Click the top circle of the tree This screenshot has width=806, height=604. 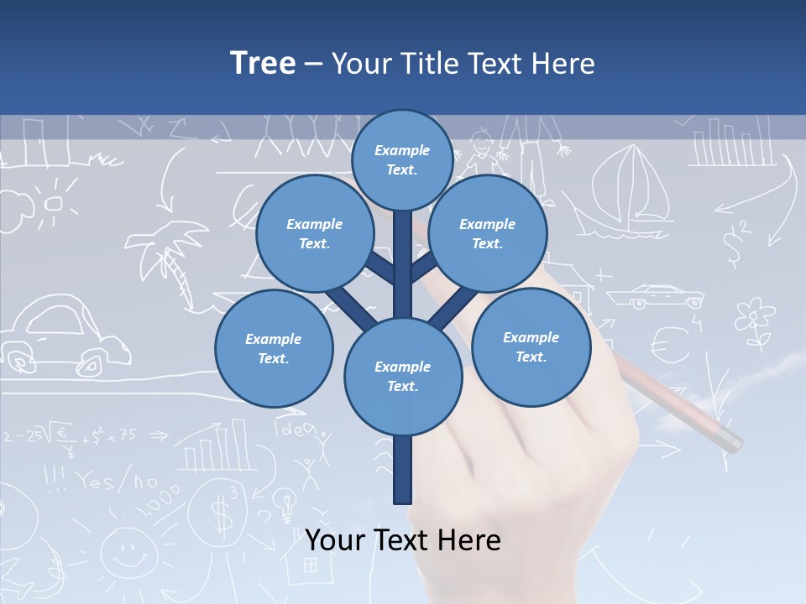click(x=402, y=159)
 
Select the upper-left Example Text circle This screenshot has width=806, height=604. click(x=314, y=233)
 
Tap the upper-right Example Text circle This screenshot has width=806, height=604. click(x=488, y=233)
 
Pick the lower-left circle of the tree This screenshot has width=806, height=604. click(x=274, y=348)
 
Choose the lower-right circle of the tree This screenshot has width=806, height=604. click(x=531, y=346)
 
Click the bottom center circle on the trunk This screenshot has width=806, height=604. click(x=403, y=377)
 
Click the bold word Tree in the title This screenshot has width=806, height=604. click(x=263, y=63)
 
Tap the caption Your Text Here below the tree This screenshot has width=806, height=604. click(x=403, y=540)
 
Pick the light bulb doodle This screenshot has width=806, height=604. click(x=288, y=504)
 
